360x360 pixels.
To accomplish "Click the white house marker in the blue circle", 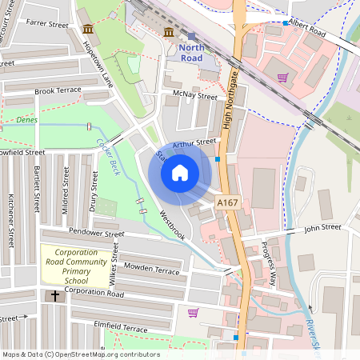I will [180, 172].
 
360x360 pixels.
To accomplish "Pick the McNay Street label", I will [194, 96].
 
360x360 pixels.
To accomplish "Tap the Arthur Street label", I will [194, 143].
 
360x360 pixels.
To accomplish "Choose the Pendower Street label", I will [98, 233].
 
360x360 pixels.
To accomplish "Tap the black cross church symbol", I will [55, 296].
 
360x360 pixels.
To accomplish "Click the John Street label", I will [322, 228].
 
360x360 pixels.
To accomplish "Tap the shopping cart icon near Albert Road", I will [282, 78].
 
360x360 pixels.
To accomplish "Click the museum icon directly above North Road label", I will [169, 32].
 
